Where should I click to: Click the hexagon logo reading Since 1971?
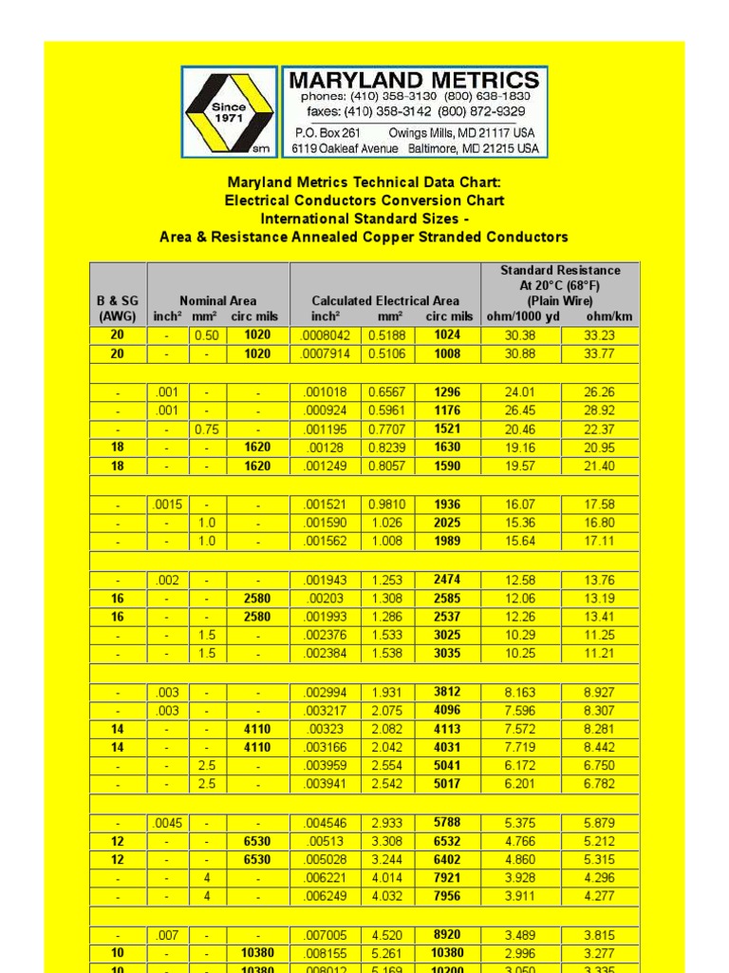click(229, 111)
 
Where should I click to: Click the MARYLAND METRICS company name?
click(414, 80)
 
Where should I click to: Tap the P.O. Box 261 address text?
click(327, 133)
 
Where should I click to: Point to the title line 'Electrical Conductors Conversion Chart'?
click(364, 200)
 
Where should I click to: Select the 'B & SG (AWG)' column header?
click(118, 308)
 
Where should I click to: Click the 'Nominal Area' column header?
click(217, 300)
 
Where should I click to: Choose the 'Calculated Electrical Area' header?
click(385, 300)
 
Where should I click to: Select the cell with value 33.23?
click(600, 334)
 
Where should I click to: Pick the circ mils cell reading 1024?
click(447, 334)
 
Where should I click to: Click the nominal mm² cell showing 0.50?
click(206, 334)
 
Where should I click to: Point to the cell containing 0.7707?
click(386, 429)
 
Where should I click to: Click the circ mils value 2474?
click(447, 579)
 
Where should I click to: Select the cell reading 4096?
click(447, 710)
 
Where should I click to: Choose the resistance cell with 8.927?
click(600, 691)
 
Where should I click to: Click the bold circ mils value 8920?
click(447, 934)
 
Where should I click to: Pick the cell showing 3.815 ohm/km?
click(600, 934)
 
